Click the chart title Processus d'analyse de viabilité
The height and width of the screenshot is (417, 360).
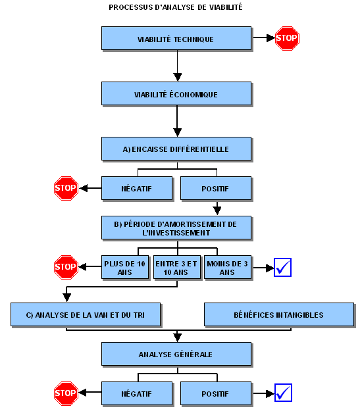(176, 7)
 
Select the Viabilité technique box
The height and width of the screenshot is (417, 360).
(176, 38)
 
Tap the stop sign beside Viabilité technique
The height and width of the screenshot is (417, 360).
(287, 38)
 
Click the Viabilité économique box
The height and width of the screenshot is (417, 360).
(176, 93)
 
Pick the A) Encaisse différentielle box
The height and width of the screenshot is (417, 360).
(176, 149)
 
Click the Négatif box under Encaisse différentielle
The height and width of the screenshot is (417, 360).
(137, 188)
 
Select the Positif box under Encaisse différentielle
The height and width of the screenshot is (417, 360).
(216, 188)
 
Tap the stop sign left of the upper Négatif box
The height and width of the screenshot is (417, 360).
(66, 188)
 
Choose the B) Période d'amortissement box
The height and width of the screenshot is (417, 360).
(176, 228)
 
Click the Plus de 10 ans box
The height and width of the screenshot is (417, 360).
(125, 267)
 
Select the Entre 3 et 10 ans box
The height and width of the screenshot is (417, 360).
(177, 267)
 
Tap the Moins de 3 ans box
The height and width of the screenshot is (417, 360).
(228, 267)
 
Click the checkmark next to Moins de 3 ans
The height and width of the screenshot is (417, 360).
(282, 267)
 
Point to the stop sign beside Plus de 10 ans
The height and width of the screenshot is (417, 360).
(66, 267)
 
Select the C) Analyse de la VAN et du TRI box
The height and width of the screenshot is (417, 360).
(86, 314)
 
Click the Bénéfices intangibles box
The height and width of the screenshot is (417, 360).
(279, 314)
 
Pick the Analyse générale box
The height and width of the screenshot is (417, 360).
(176, 354)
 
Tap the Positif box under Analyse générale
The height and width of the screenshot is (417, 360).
(216, 393)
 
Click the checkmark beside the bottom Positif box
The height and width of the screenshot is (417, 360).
(283, 393)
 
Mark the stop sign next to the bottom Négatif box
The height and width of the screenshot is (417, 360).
(66, 393)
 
